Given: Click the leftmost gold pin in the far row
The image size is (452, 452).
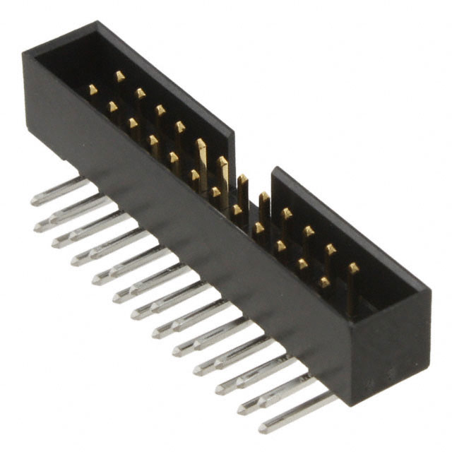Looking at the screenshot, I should [120, 76].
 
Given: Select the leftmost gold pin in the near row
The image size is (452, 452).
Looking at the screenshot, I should [93, 90].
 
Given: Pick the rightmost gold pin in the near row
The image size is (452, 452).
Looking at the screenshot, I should [323, 282].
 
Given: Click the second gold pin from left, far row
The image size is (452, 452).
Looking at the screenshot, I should [140, 93].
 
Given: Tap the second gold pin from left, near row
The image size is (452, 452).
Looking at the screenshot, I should [112, 107].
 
